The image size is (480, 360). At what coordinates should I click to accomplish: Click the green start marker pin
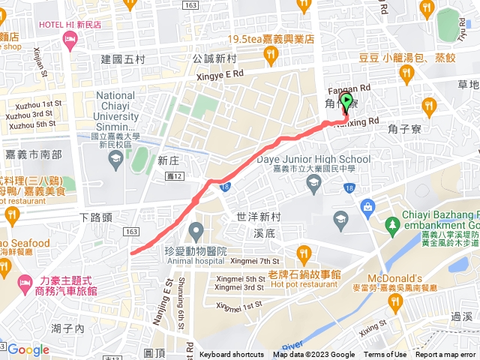pyautogui.click(x=346, y=102)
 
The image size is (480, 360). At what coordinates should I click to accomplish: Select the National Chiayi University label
pyautogui.click(x=126, y=111)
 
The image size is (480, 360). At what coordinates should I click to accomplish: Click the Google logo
pyautogui.click(x=28, y=349)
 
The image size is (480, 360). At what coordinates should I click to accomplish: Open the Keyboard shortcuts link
pyautogui.click(x=232, y=355)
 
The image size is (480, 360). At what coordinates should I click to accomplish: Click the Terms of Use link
pyautogui.click(x=385, y=355)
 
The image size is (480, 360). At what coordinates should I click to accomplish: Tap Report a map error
pyautogui.click(x=445, y=355)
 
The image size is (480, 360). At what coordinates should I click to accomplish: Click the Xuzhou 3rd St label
pyautogui.click(x=31, y=114)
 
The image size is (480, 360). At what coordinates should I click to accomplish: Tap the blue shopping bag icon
pyautogui.click(x=368, y=206)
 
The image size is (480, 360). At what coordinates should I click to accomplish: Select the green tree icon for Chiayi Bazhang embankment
pyautogui.click(x=392, y=224)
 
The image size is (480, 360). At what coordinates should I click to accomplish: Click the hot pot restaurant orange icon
pyautogui.click(x=304, y=253)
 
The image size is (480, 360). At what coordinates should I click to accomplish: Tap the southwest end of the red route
pyautogui.click(x=132, y=253)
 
